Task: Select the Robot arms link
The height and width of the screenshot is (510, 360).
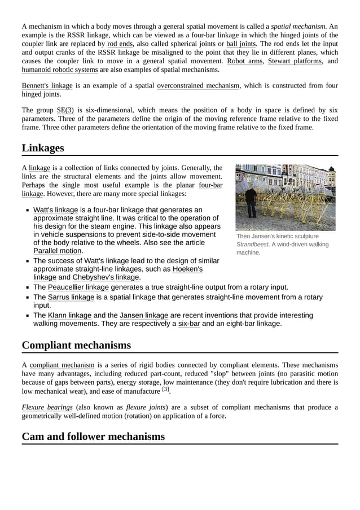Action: click(x=245, y=60)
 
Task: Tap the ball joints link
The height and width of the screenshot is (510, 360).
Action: click(x=241, y=43)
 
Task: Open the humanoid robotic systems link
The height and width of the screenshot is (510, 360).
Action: click(x=60, y=69)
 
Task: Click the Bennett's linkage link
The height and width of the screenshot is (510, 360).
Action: click(x=47, y=86)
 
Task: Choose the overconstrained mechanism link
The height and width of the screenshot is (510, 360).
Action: click(x=198, y=86)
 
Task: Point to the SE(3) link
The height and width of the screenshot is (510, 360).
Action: click(x=65, y=110)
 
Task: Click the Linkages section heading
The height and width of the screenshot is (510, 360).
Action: click(x=43, y=148)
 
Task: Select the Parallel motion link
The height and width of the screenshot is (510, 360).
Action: click(x=58, y=251)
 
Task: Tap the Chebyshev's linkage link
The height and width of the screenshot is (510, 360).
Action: click(x=106, y=277)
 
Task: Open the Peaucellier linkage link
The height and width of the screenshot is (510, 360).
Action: click(x=78, y=287)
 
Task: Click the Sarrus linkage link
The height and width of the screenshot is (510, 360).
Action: click(x=71, y=297)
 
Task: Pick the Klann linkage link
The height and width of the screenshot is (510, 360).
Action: click(x=69, y=315)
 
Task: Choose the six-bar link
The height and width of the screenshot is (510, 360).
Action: click(x=189, y=324)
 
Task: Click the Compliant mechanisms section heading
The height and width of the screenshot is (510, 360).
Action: click(x=76, y=345)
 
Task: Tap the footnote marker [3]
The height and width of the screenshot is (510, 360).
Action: click(x=165, y=389)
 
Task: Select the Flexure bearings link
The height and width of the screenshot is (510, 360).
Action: click(x=47, y=407)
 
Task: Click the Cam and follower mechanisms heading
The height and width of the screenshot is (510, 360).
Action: click(x=93, y=437)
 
